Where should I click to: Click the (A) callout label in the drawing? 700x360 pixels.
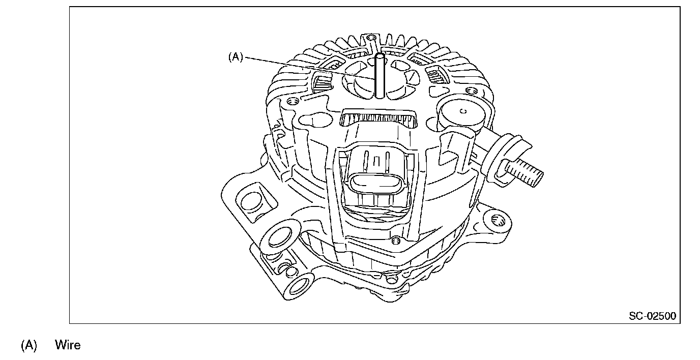236,57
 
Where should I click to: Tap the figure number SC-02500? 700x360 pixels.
653,316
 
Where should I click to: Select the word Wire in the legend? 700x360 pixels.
68,345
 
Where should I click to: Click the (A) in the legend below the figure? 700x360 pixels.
29,345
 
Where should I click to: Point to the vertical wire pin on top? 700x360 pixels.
380,76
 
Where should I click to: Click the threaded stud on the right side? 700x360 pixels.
524,173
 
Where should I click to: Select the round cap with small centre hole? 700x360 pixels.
462,114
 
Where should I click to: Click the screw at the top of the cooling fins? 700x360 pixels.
371,38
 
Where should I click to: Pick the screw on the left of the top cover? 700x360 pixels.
292,101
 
